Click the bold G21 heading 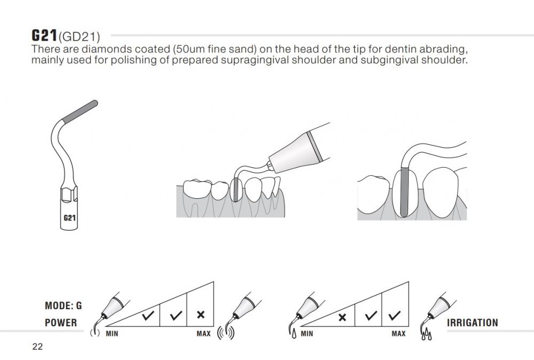(44, 35)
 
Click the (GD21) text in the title (79, 36)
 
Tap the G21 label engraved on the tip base (69, 217)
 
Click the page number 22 (37, 347)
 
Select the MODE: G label (64, 306)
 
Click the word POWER (61, 323)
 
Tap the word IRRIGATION (473, 323)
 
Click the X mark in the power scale (201, 315)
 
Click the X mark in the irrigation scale (342, 317)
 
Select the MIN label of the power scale (112, 334)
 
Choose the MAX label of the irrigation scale (398, 334)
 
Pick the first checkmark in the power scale (148, 316)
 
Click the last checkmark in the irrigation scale (395, 316)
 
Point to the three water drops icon (426, 334)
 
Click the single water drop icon (294, 334)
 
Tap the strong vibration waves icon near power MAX (225, 333)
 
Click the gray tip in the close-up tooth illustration (404, 192)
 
